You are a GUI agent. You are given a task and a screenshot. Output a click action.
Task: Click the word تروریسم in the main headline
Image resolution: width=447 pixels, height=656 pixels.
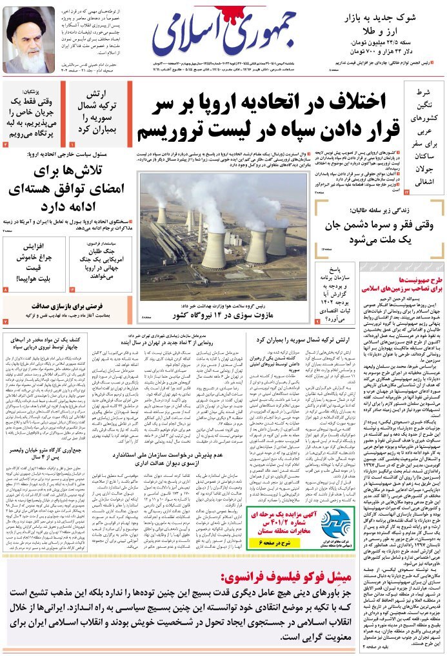click(170, 129)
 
